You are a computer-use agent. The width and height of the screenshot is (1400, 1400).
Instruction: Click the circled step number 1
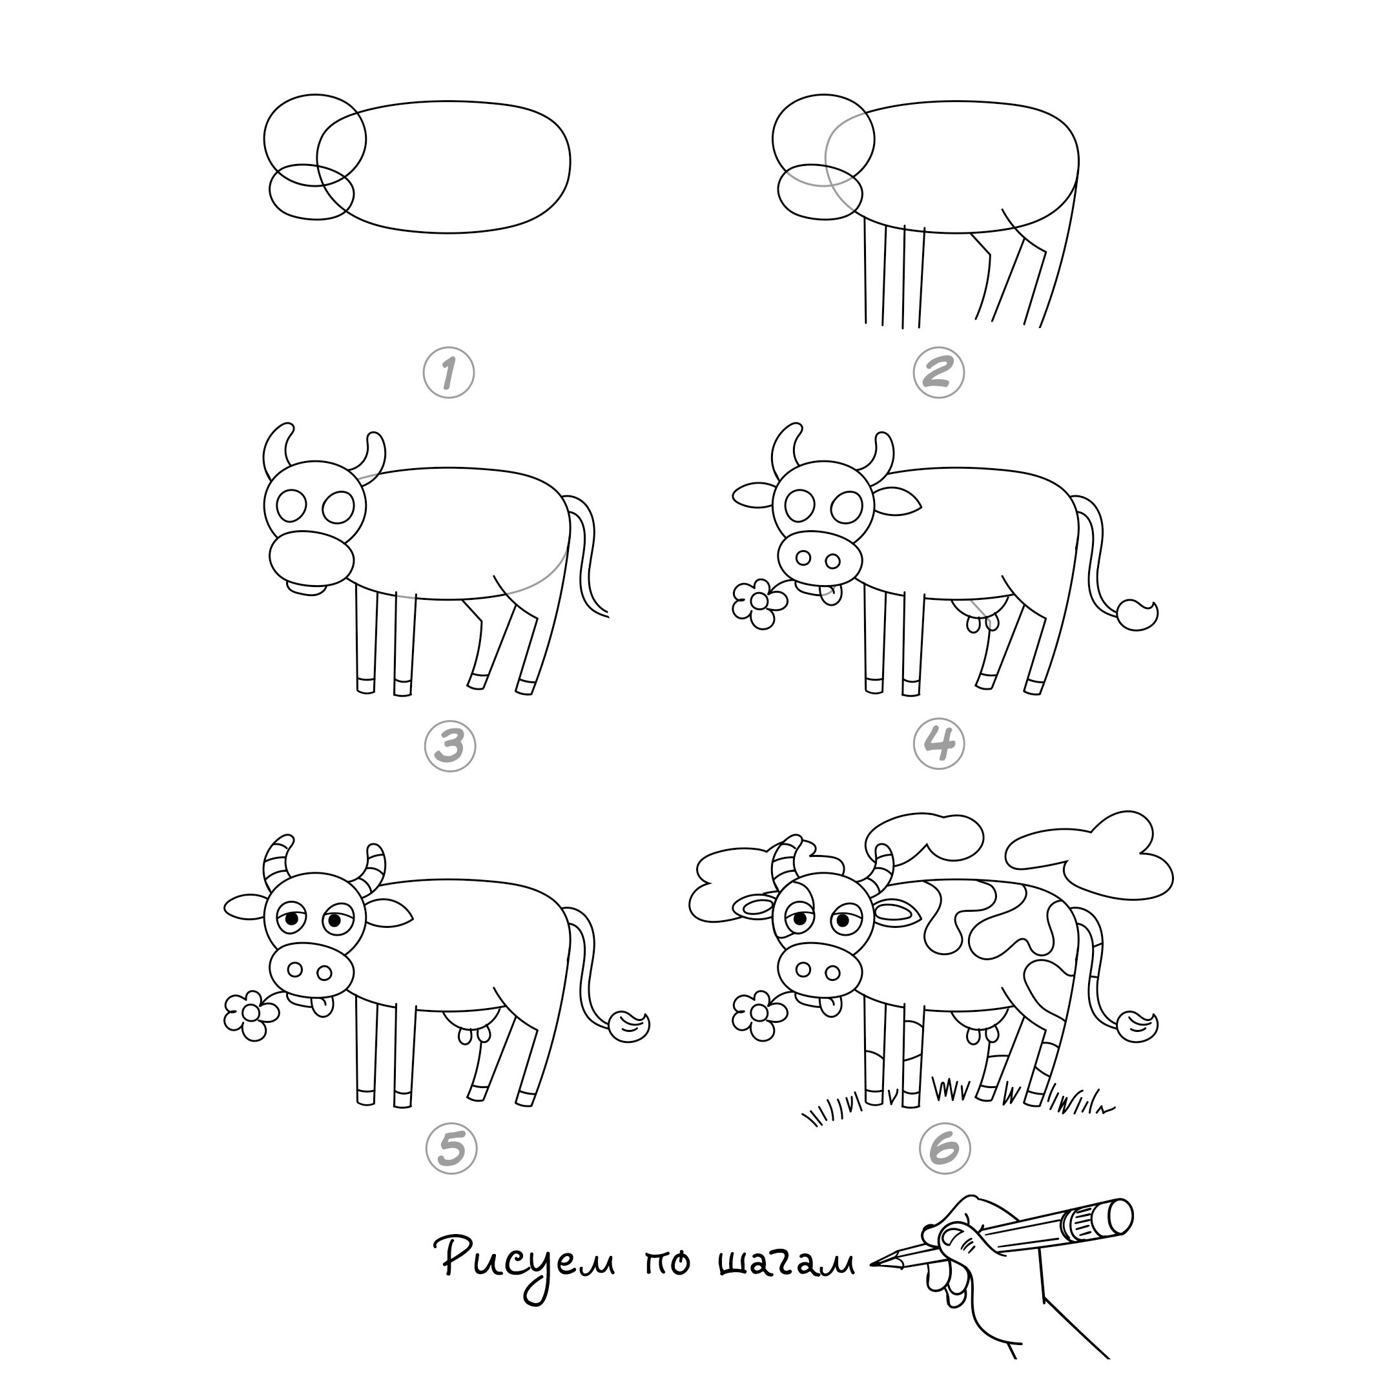pos(449,373)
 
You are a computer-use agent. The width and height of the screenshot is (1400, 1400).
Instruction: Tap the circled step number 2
pos(938,373)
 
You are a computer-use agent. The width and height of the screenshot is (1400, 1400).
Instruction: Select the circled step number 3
pos(450,746)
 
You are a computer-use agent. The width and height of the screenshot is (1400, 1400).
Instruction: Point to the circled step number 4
pos(939,743)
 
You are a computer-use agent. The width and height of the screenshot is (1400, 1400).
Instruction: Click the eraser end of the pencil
pos(1111,1218)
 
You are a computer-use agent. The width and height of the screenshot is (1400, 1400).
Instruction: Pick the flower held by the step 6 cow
pos(759,1016)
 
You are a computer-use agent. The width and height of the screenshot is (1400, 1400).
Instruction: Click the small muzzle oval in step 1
pos(312,191)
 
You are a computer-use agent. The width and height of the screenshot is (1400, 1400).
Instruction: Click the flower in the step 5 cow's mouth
pos(251,1016)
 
